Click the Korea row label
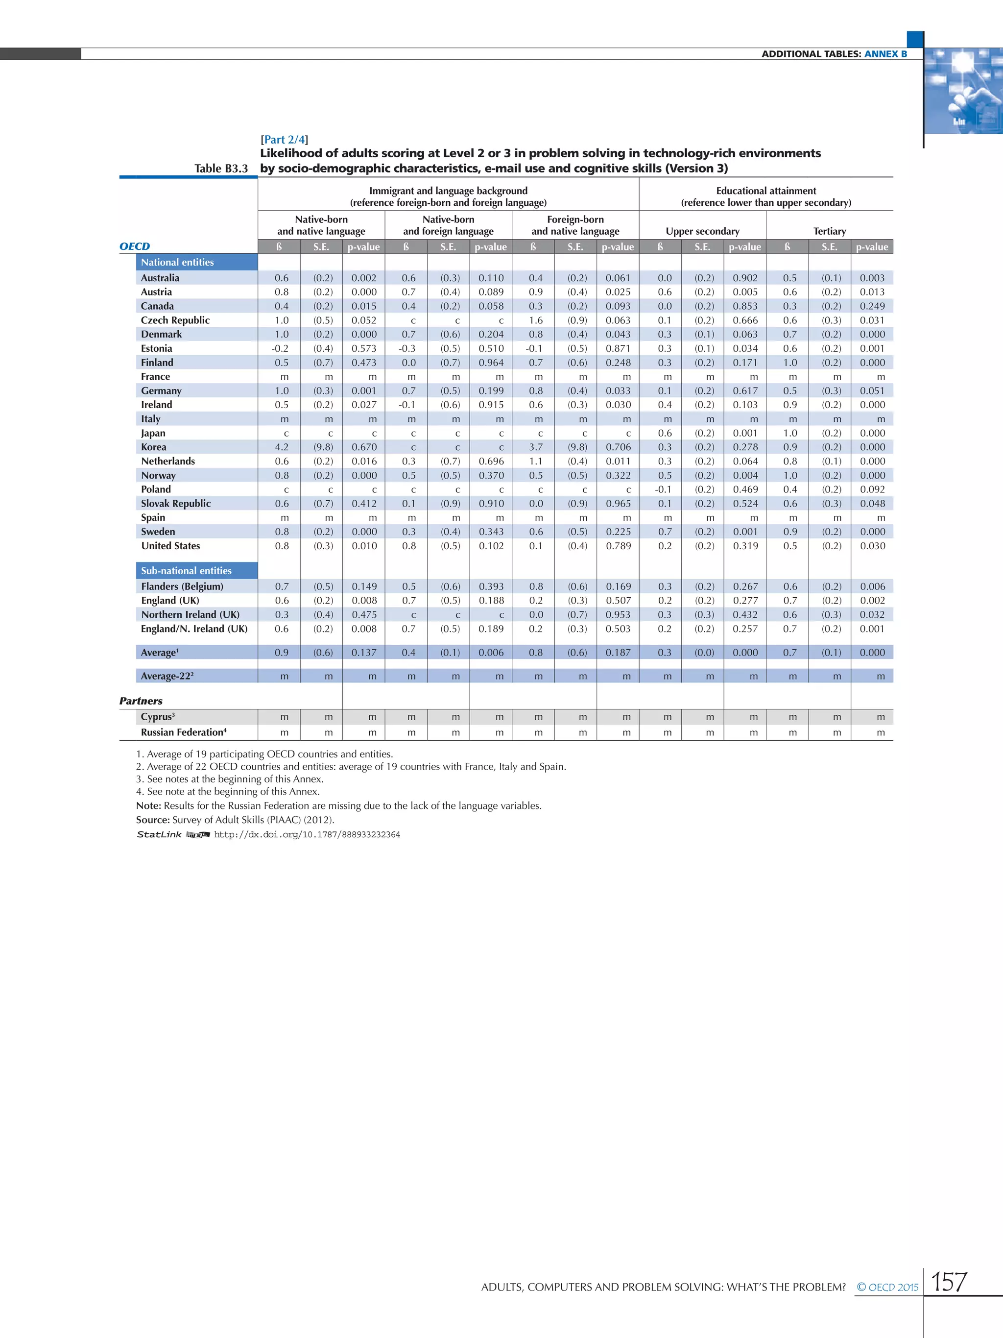pyautogui.click(x=154, y=447)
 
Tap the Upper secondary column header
pyautogui.click(x=702, y=231)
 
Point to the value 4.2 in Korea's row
pyautogui.click(x=282, y=447)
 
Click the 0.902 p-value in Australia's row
pyautogui.click(x=745, y=278)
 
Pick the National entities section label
pyautogui.click(x=177, y=262)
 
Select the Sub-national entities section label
pyautogui.click(x=186, y=570)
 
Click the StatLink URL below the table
pyautogui.click(x=307, y=834)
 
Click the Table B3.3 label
pyautogui.click(x=221, y=168)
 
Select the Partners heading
pyautogui.click(x=141, y=701)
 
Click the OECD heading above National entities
pyautogui.click(x=134, y=246)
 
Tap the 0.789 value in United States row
pyautogui.click(x=618, y=546)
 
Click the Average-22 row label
pyautogui.click(x=167, y=676)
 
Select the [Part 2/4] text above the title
pyautogui.click(x=284, y=139)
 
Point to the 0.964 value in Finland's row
pyautogui.click(x=491, y=363)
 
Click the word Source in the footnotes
pyautogui.click(x=152, y=820)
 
